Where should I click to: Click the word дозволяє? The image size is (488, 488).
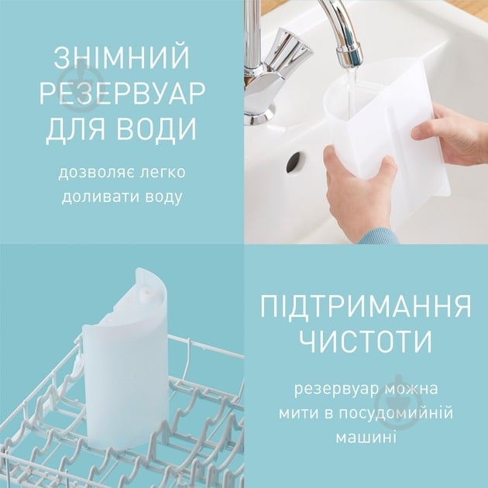pos(89,172)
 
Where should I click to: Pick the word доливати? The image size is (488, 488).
pos(95,197)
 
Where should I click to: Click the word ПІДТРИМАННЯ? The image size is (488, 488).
pos(366,305)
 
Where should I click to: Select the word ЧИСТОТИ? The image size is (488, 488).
pos(366,341)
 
